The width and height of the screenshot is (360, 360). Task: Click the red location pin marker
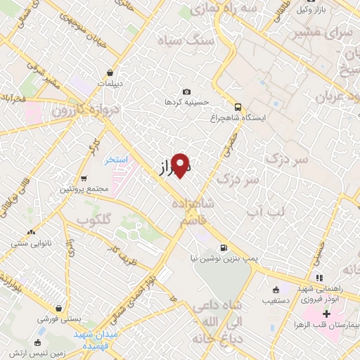[181, 164]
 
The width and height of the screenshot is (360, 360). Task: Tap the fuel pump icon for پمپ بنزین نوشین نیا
[224, 247]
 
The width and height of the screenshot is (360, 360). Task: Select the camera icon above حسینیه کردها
[186, 92]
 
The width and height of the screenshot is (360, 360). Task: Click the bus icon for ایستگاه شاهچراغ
[238, 107]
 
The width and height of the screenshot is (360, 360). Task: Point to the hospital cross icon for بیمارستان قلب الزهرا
[326, 313]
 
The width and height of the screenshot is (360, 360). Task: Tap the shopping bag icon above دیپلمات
[110, 72]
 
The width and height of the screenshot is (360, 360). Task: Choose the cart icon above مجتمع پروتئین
[84, 179]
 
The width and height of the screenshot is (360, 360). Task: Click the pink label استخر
[116, 160]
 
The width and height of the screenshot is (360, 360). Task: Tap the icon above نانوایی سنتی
[29, 232]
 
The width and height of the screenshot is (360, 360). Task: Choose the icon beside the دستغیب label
[276, 290]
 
